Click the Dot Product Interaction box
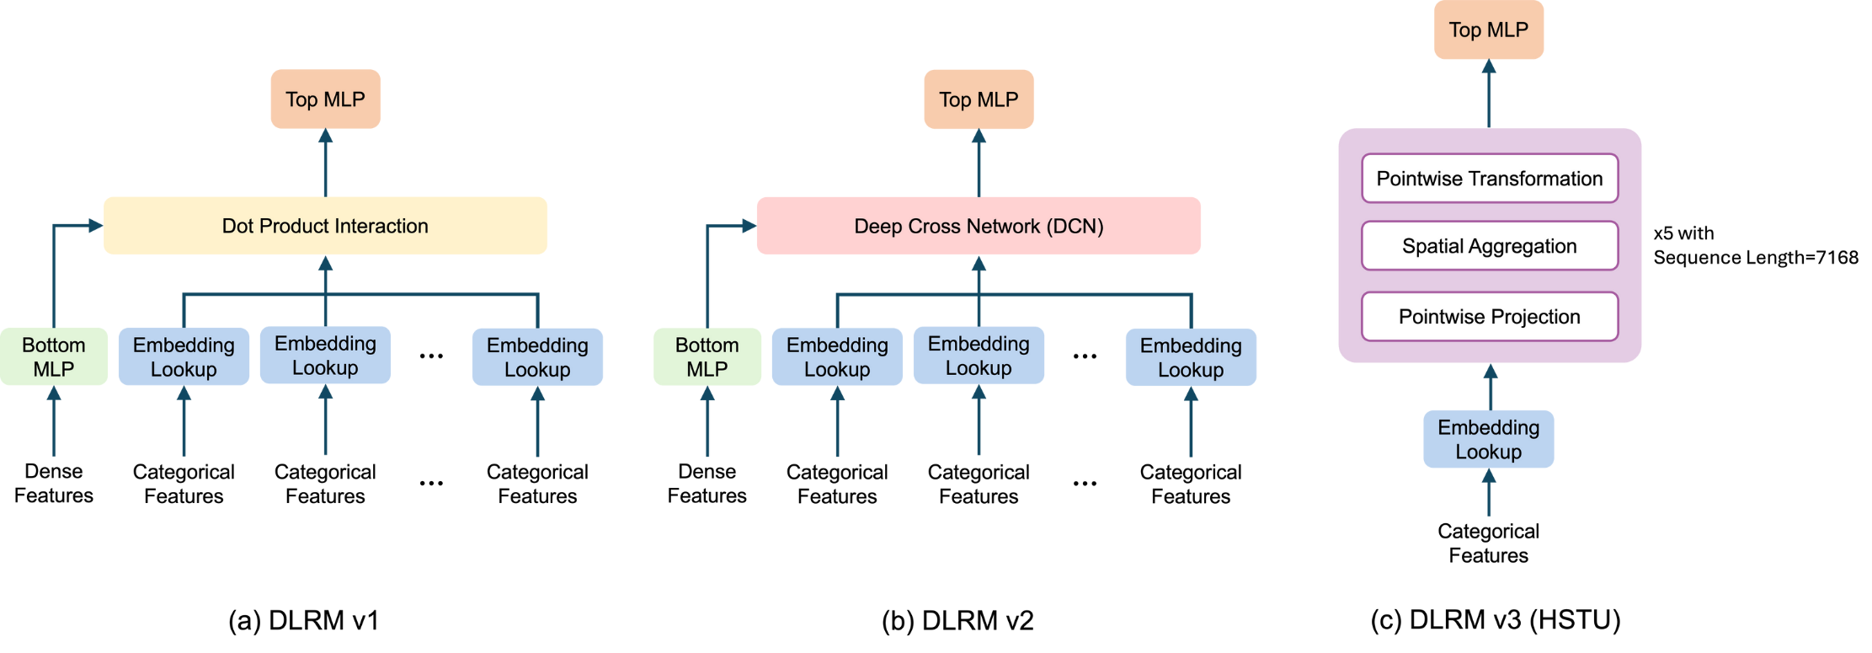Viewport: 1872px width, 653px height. [x=325, y=226]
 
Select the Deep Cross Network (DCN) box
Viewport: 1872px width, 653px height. [x=979, y=226]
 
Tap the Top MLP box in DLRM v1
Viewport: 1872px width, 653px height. [x=325, y=99]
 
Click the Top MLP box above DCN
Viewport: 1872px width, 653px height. [x=979, y=99]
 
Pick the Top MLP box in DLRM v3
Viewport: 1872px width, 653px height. [x=1488, y=30]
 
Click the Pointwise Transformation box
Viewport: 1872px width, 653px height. [x=1489, y=179]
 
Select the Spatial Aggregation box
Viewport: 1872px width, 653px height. [x=1489, y=246]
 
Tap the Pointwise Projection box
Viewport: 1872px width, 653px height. [x=1489, y=317]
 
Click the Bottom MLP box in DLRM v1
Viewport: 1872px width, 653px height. [x=54, y=357]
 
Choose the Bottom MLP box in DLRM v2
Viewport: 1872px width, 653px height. [x=707, y=357]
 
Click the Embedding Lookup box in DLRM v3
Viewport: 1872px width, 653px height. [x=1488, y=440]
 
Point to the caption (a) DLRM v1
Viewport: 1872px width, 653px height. [x=304, y=621]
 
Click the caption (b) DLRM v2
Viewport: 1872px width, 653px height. [x=957, y=621]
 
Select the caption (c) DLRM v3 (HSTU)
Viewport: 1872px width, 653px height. [x=1496, y=620]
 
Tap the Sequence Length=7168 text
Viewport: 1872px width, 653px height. [x=1756, y=258]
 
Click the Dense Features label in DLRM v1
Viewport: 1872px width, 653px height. [x=54, y=484]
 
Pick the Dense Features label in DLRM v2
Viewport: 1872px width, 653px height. [x=707, y=484]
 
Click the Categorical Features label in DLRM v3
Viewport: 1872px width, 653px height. [x=1488, y=543]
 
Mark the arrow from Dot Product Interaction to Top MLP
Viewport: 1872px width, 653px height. [x=325, y=163]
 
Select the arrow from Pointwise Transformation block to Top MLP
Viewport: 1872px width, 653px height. [x=1489, y=94]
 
